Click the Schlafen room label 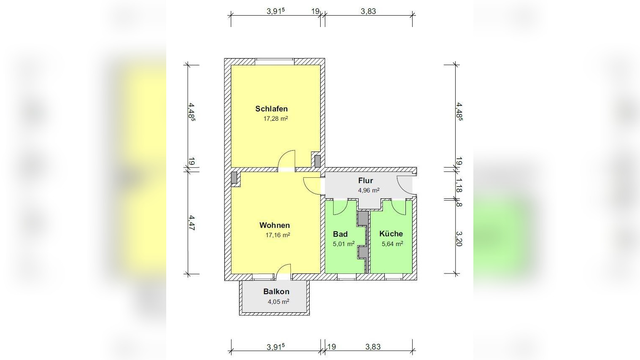[271, 109]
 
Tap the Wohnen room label [275, 225]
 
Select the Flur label [366, 181]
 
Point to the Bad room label [340, 234]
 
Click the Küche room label [391, 234]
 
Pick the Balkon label [276, 292]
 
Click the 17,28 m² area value [276, 119]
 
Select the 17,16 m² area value [278, 235]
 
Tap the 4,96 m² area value [369, 190]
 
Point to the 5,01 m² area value [344, 244]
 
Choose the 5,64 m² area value [393, 244]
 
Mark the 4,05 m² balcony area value [278, 302]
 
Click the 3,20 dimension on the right [459, 238]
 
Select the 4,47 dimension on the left [192, 223]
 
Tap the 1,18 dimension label [459, 185]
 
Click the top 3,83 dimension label [368, 11]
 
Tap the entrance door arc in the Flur [405, 185]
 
